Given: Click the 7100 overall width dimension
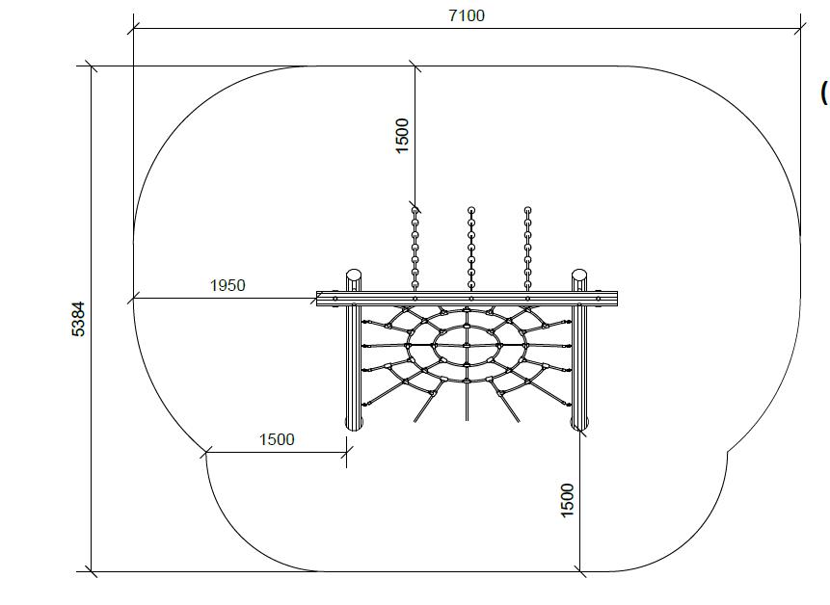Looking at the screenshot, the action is [x=467, y=15].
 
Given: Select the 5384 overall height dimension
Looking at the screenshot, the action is [x=78, y=319].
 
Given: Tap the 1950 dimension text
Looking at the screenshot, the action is [x=228, y=285].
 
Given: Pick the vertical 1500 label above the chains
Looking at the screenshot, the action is [x=402, y=136].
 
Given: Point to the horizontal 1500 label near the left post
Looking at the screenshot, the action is [x=277, y=439].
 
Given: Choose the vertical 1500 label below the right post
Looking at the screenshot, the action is [x=567, y=500].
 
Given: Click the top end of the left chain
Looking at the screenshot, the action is [x=415, y=210].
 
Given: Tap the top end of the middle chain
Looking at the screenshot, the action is [x=471, y=210].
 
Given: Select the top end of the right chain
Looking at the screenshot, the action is [x=527, y=210].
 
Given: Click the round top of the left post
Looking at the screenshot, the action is [x=354, y=276].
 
